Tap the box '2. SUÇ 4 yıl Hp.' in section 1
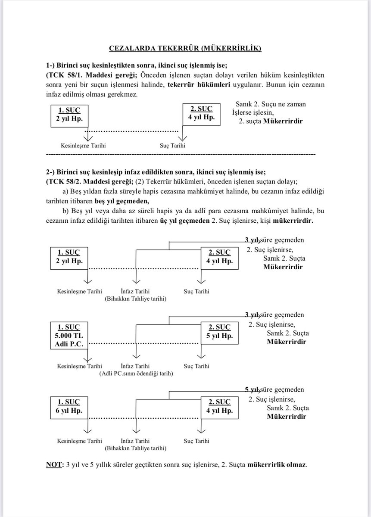pos(201,113)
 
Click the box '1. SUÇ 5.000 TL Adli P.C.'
pos(69,334)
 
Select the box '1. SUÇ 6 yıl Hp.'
pos(69,406)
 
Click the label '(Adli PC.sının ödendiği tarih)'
pos(136,374)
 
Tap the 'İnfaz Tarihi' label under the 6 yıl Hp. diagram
pos(135,441)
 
